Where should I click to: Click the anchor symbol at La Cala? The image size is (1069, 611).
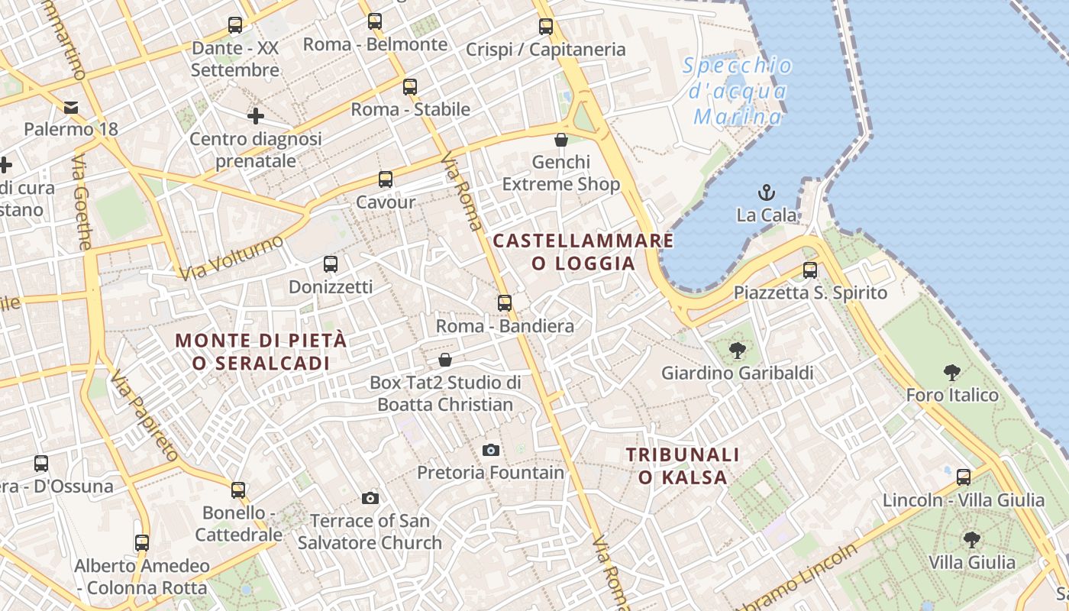point(766,192)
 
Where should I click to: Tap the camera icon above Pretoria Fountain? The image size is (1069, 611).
point(491,450)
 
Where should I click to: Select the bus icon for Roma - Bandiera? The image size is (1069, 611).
point(505,303)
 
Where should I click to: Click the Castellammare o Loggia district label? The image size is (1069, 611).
point(583,252)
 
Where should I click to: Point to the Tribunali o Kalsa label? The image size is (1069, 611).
point(683,466)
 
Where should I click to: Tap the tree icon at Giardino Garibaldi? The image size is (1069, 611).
point(737,351)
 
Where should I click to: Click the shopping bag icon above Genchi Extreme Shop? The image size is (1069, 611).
point(561,140)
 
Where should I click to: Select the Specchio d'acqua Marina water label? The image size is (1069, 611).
point(738,91)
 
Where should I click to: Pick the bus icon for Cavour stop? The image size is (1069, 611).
point(386,179)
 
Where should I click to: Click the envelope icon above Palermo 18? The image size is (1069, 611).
point(71,107)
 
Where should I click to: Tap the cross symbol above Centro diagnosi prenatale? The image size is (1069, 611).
point(256,116)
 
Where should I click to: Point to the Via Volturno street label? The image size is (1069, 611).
point(231,257)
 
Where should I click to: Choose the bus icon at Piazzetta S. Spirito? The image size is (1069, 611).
point(810,270)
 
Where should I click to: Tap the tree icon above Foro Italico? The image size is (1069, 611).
point(951,373)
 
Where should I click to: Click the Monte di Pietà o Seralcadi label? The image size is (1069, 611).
point(261,351)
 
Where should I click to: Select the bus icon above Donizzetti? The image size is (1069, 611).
point(331,264)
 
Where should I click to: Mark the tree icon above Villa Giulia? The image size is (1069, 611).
point(972,540)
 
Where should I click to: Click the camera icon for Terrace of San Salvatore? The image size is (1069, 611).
point(370,499)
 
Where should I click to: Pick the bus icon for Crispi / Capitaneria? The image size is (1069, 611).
point(546,27)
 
